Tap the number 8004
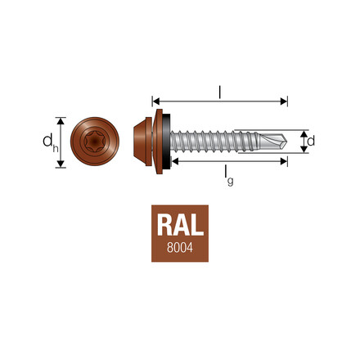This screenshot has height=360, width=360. click(179, 246)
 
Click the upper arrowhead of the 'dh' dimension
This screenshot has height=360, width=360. click(60, 118)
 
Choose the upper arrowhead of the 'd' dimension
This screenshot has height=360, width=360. click(304, 132)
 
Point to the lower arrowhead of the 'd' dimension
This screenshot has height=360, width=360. click(304, 151)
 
